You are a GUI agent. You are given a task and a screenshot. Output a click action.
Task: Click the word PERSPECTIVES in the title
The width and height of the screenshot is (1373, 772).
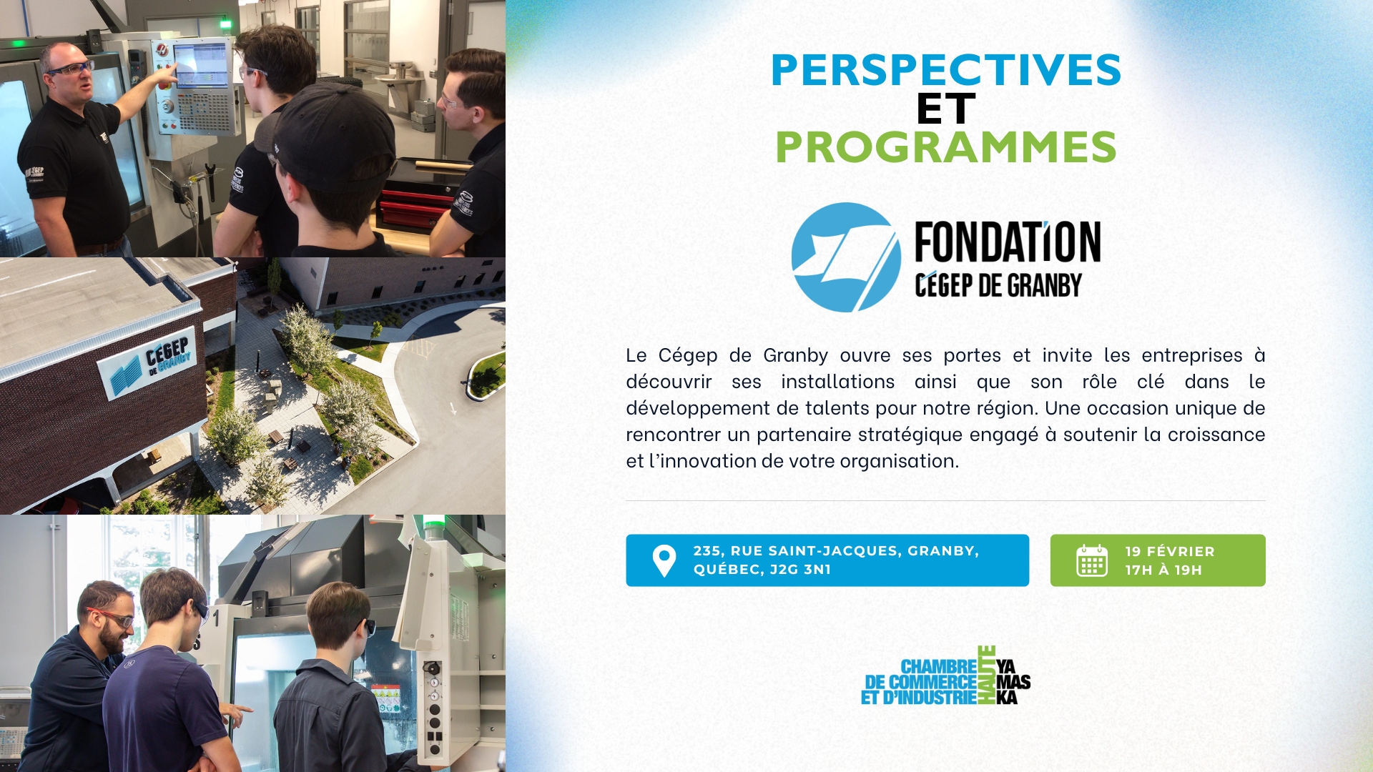945,69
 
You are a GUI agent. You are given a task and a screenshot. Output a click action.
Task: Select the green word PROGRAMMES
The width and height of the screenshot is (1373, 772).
945,147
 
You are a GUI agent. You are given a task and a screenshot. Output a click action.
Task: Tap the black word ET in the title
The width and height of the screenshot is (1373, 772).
945,109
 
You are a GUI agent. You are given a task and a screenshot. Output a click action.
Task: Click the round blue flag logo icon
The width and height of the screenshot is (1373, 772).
846,257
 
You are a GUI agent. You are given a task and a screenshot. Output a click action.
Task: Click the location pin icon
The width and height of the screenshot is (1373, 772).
664,561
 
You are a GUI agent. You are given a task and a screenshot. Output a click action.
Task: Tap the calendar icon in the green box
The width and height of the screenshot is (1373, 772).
1092,560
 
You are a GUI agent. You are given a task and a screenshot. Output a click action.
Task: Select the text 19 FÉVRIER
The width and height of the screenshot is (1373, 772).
1170,551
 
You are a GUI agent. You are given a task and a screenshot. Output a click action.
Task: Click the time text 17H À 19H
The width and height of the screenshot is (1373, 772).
1163,570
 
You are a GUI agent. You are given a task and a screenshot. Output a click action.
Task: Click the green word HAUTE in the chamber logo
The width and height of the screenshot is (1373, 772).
987,675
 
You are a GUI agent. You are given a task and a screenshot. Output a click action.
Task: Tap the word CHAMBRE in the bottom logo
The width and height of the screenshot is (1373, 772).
939,666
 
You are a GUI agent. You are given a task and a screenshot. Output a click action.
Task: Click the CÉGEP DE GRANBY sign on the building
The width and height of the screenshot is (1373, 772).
148,363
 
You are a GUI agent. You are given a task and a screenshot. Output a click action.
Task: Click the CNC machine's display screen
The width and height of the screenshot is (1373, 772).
200,65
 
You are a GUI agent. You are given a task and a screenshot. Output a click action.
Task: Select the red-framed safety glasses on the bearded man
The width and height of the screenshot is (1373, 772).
114,616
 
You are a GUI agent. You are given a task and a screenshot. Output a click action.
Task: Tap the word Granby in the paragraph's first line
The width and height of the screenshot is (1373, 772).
795,355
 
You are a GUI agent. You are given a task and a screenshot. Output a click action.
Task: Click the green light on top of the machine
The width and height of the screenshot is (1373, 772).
434,527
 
